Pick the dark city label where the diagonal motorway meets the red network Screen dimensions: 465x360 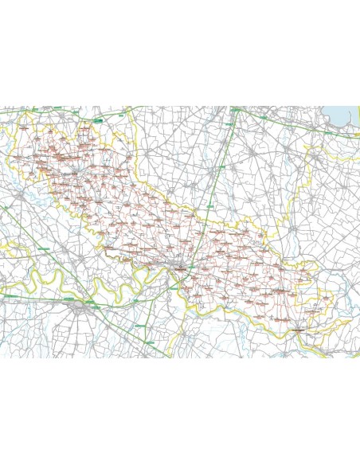[182, 268]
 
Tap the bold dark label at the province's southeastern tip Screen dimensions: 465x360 [298, 327]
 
